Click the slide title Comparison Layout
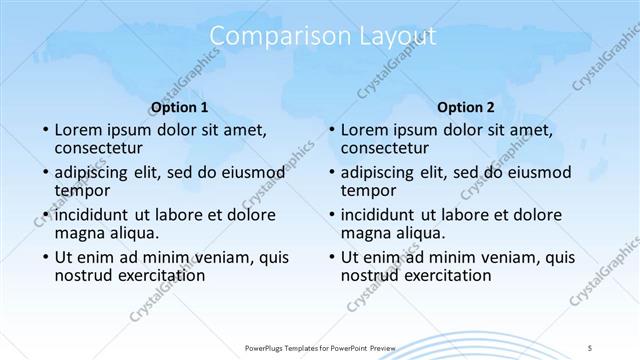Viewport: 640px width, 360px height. coord(324,37)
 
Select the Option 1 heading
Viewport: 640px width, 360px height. coord(179,107)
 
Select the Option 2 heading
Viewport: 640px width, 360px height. coord(466,107)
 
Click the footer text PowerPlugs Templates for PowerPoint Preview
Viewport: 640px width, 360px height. coord(322,346)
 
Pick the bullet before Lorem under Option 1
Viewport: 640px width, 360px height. coord(44,131)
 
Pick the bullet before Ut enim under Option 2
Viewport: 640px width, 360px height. coord(330,258)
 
